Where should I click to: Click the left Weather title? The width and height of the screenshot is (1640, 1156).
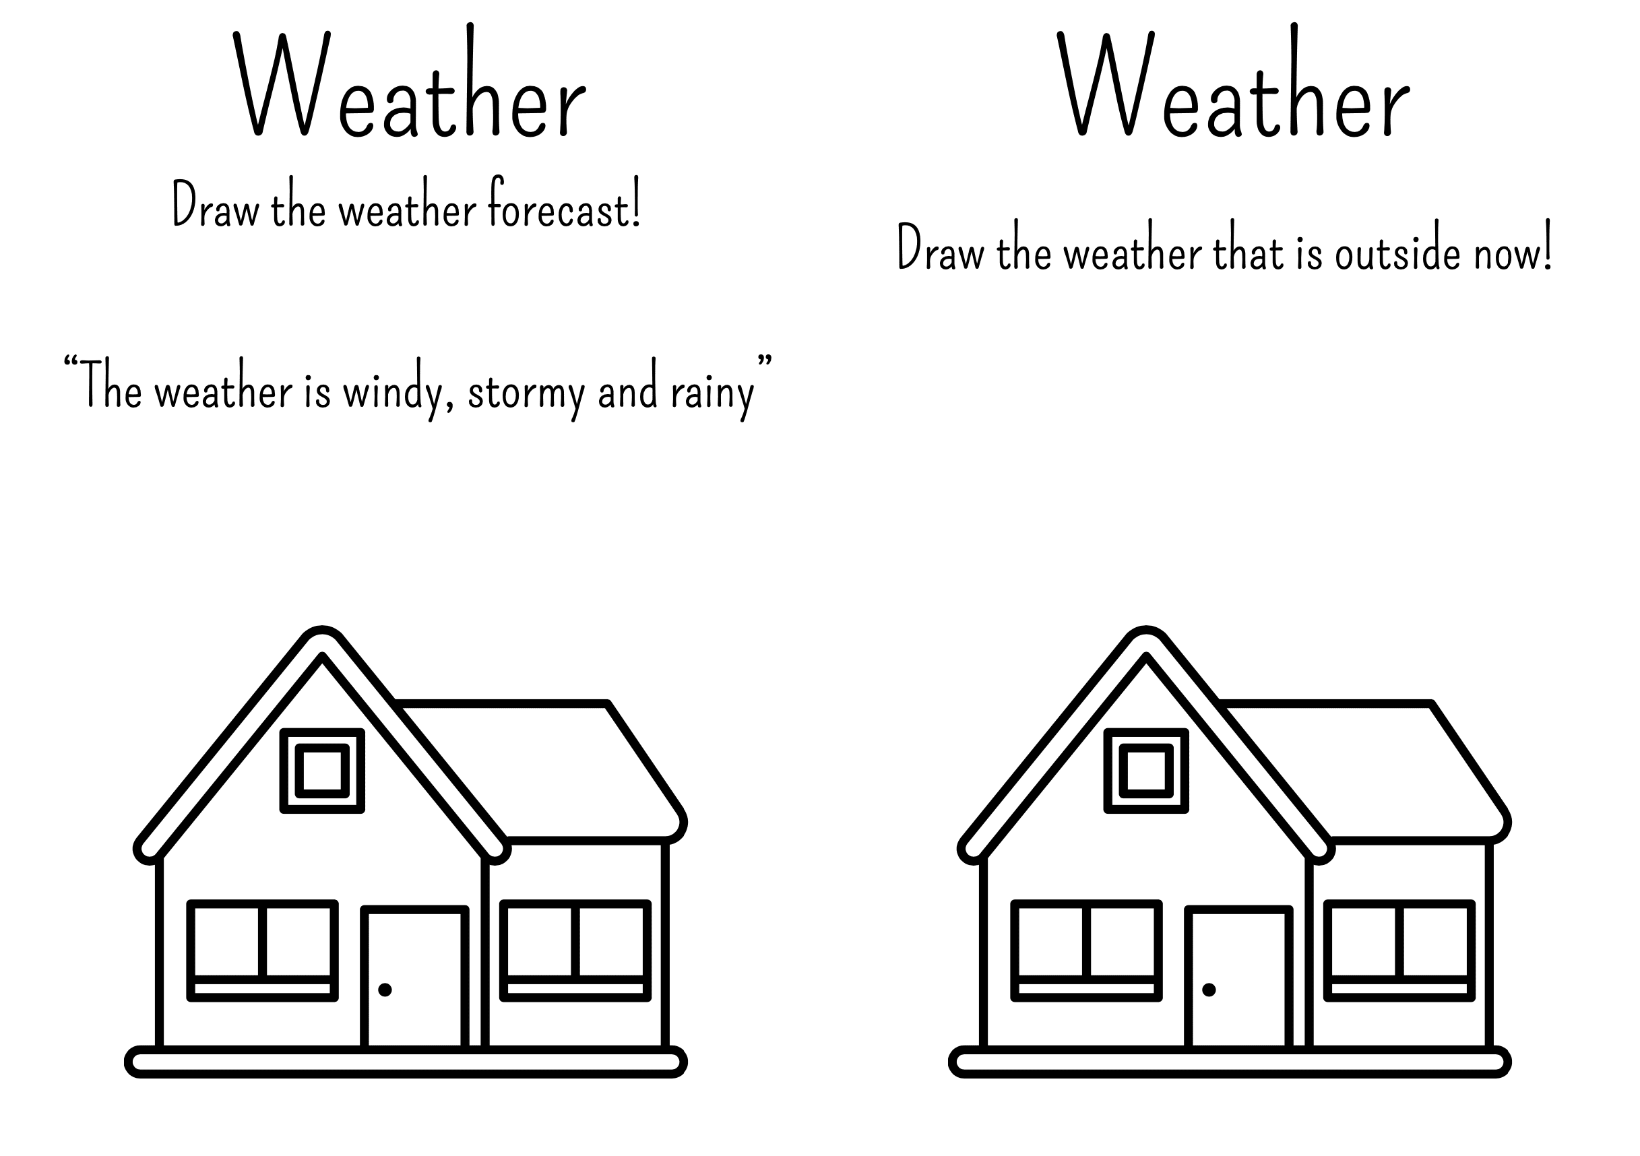[x=410, y=82]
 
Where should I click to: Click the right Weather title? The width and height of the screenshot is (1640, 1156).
[x=1234, y=82]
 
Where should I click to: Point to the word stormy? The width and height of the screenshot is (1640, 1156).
[x=526, y=391]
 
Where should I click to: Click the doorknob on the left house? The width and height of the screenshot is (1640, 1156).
[x=385, y=990]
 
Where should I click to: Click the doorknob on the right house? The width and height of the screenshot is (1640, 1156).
[x=1209, y=990]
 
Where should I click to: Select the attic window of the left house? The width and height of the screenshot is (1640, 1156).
[x=322, y=771]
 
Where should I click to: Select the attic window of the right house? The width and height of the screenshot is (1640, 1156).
[x=1146, y=771]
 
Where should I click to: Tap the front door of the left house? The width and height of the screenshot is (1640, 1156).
[x=415, y=977]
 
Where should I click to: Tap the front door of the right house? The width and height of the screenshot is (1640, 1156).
[x=1239, y=977]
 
